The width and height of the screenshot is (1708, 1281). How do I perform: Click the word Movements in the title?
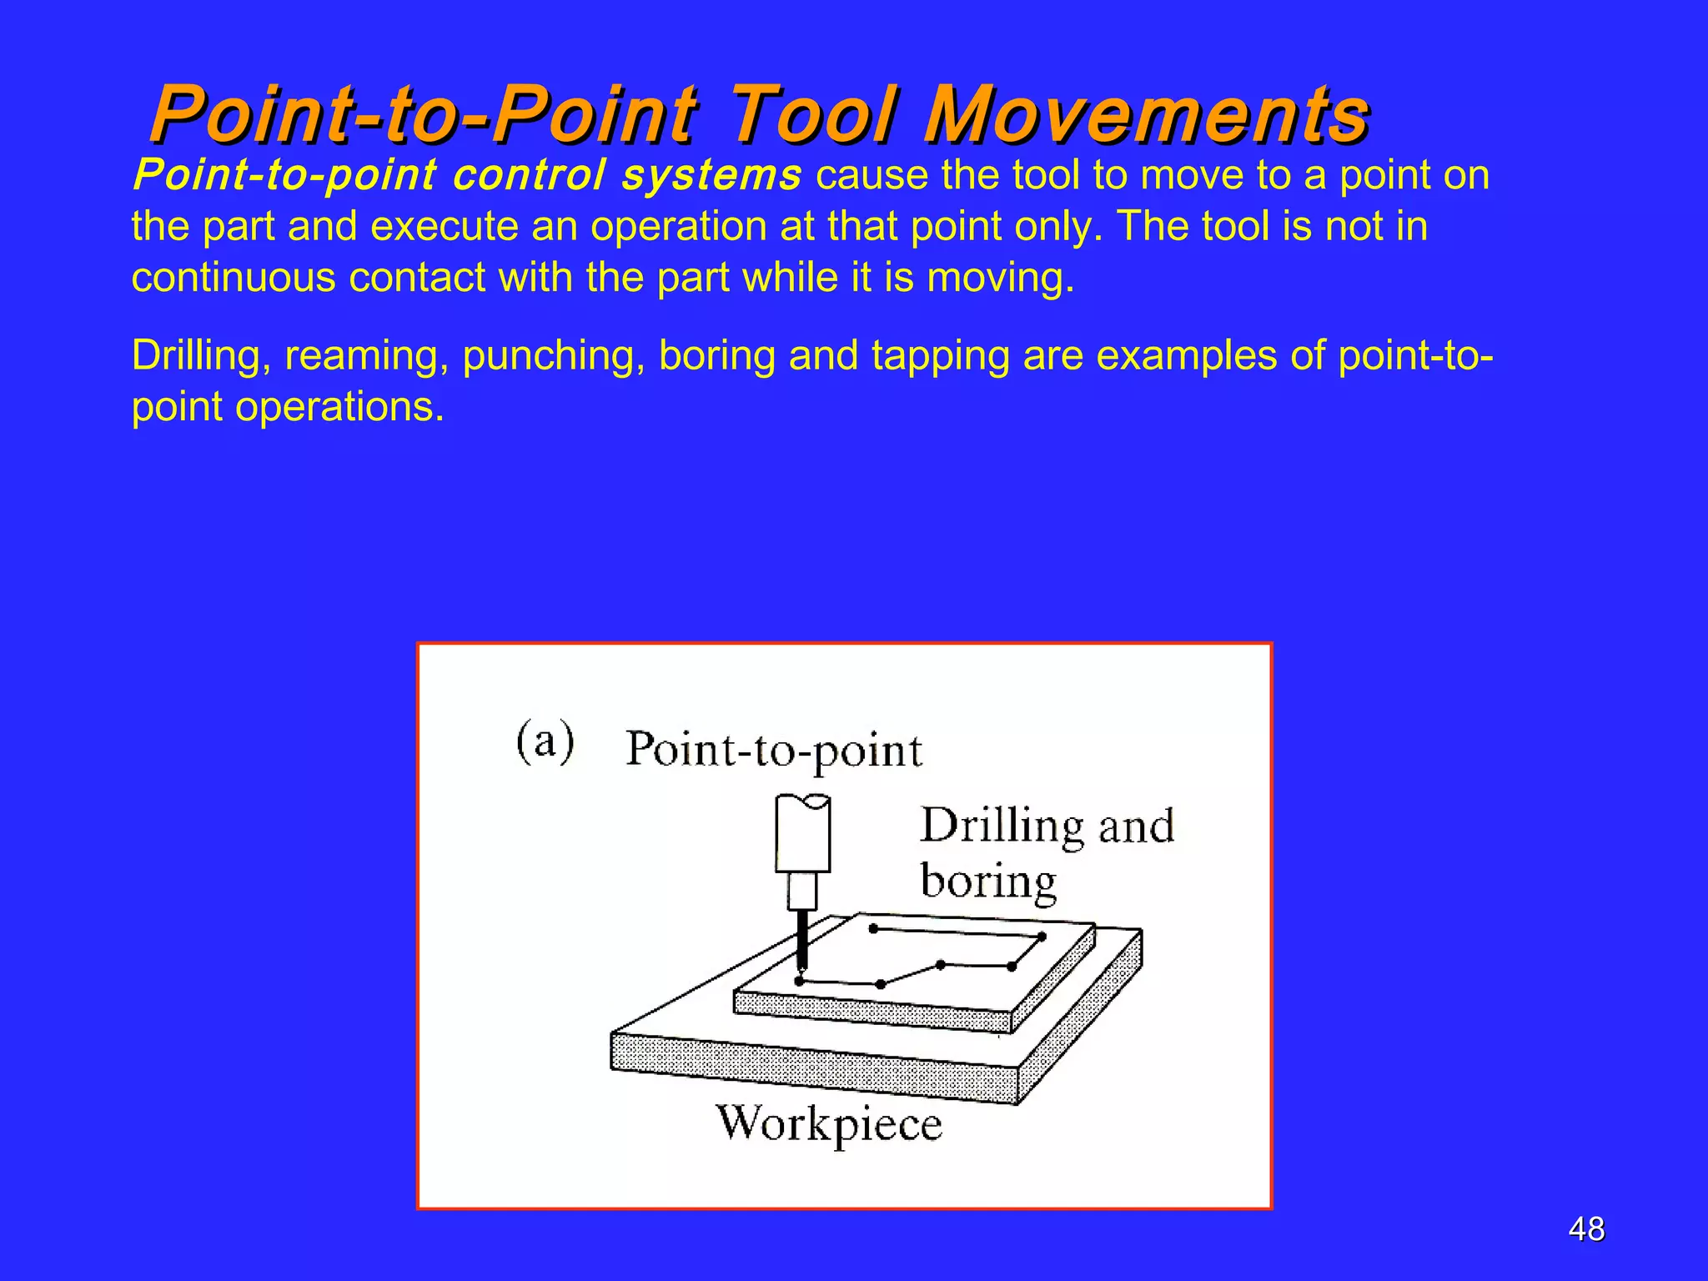[1147, 115]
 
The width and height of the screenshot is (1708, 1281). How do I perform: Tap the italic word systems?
[711, 176]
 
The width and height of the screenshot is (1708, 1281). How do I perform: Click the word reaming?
[360, 356]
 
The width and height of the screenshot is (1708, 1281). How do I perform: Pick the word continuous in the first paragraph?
[233, 278]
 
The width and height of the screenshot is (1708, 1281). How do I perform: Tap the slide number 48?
[1585, 1229]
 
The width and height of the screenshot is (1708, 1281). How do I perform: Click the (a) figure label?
[545, 741]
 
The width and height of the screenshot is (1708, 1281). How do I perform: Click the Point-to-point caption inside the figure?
[774, 750]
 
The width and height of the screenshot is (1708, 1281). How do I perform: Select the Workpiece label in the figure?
[829, 1124]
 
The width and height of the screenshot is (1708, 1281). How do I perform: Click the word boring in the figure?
[988, 882]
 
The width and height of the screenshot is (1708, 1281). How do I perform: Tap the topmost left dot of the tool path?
[873, 928]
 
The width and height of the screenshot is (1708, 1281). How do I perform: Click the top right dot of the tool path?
[1042, 937]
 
